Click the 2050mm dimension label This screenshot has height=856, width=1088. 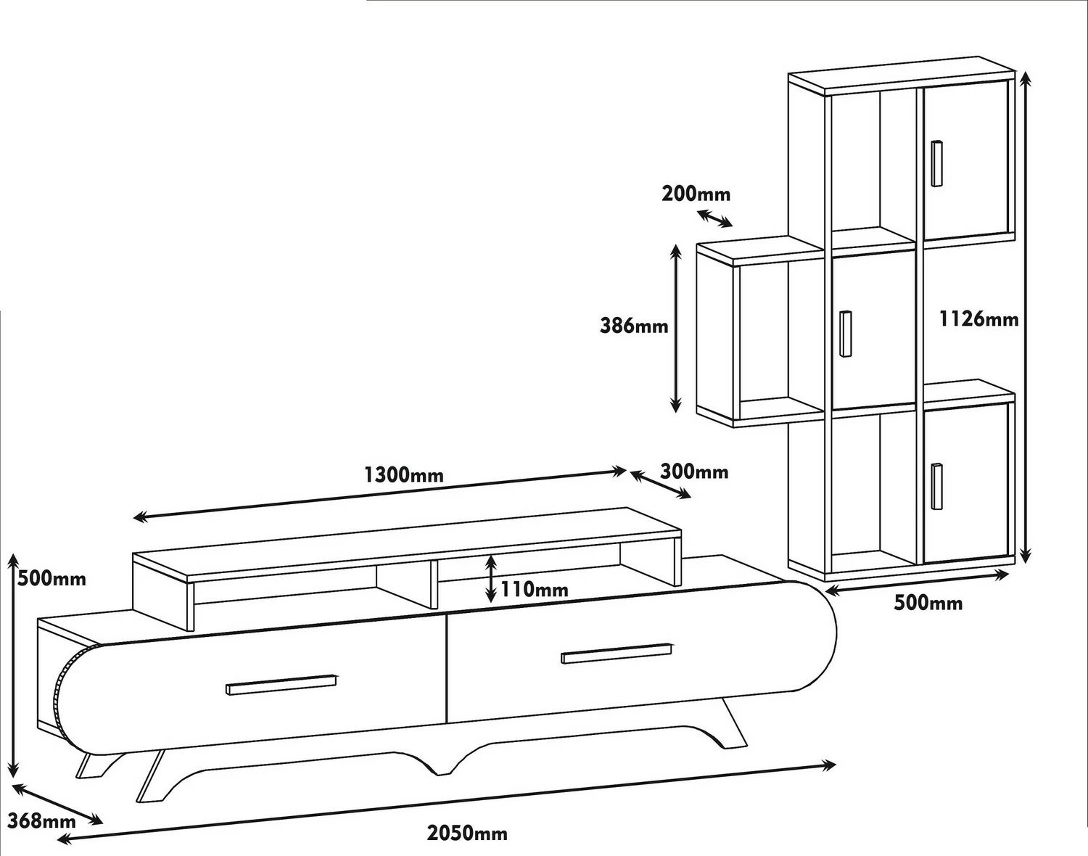tap(467, 833)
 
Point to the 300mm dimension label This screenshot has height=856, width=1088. tap(693, 472)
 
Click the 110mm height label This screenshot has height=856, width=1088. tap(535, 589)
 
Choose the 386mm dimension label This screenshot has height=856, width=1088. tap(634, 326)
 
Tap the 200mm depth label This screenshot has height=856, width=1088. tap(696, 194)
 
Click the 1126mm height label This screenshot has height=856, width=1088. tap(978, 319)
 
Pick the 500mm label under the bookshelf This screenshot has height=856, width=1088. tap(928, 604)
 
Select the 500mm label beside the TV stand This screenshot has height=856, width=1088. tap(51, 578)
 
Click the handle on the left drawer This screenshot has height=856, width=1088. tap(281, 685)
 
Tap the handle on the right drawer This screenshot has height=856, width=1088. tap(617, 654)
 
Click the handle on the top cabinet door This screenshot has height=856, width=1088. tap(937, 162)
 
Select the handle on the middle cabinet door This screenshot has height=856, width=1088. tap(845, 334)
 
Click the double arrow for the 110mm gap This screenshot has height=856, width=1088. tap(490, 578)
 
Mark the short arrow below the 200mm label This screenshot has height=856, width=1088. tap(714, 218)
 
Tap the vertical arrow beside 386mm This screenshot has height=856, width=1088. tap(675, 329)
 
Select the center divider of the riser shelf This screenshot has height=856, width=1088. tap(434, 585)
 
